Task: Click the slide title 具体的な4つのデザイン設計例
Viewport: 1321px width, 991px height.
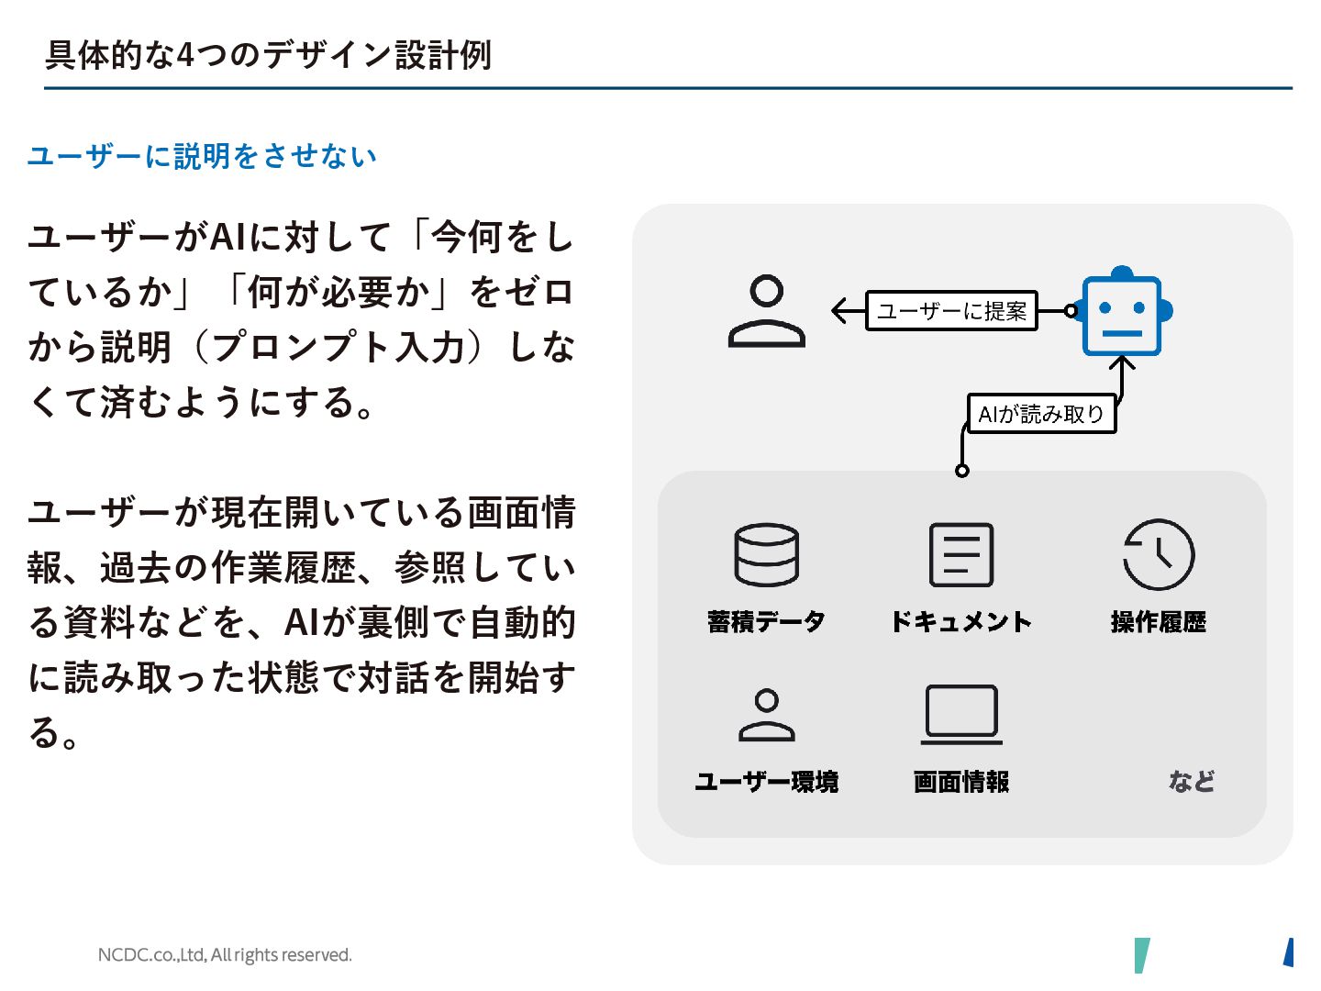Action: coord(268,55)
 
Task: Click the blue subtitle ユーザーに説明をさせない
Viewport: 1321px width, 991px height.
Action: coord(202,156)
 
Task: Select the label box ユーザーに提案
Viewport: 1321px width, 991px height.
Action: coord(951,311)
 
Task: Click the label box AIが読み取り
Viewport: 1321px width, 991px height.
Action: coord(1041,414)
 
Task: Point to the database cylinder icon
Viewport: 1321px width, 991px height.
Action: coord(766,555)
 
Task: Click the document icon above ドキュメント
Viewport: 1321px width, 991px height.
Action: coord(960,555)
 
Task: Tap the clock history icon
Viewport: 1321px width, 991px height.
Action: coord(1159,554)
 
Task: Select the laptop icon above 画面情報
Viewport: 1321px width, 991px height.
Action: coord(960,714)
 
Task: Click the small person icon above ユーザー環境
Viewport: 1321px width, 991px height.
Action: coord(766,715)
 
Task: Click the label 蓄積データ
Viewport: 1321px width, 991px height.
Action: coord(766,622)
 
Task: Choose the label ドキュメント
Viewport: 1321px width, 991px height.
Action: coord(960,622)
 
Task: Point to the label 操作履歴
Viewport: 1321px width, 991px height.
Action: coord(1158,622)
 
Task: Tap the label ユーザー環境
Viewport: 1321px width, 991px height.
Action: coord(766,782)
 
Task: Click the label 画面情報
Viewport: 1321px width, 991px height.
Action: coord(960,782)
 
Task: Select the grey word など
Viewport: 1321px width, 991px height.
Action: coord(1191,782)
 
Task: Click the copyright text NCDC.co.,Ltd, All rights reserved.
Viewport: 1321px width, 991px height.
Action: coord(225,955)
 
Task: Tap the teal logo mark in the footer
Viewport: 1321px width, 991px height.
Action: coord(1141,955)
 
